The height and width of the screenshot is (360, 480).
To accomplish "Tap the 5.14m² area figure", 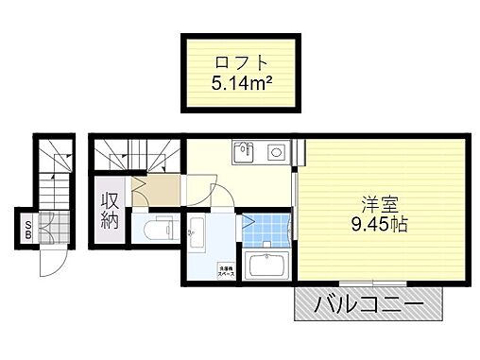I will pos(240,82).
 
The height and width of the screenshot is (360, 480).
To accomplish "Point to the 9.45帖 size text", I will pos(378,225).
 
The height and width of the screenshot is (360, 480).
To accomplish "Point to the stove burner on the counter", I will pos(277,151).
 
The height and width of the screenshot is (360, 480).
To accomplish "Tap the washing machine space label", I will pos(228,268).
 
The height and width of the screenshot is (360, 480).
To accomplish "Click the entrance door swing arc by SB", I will pos(49,263).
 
